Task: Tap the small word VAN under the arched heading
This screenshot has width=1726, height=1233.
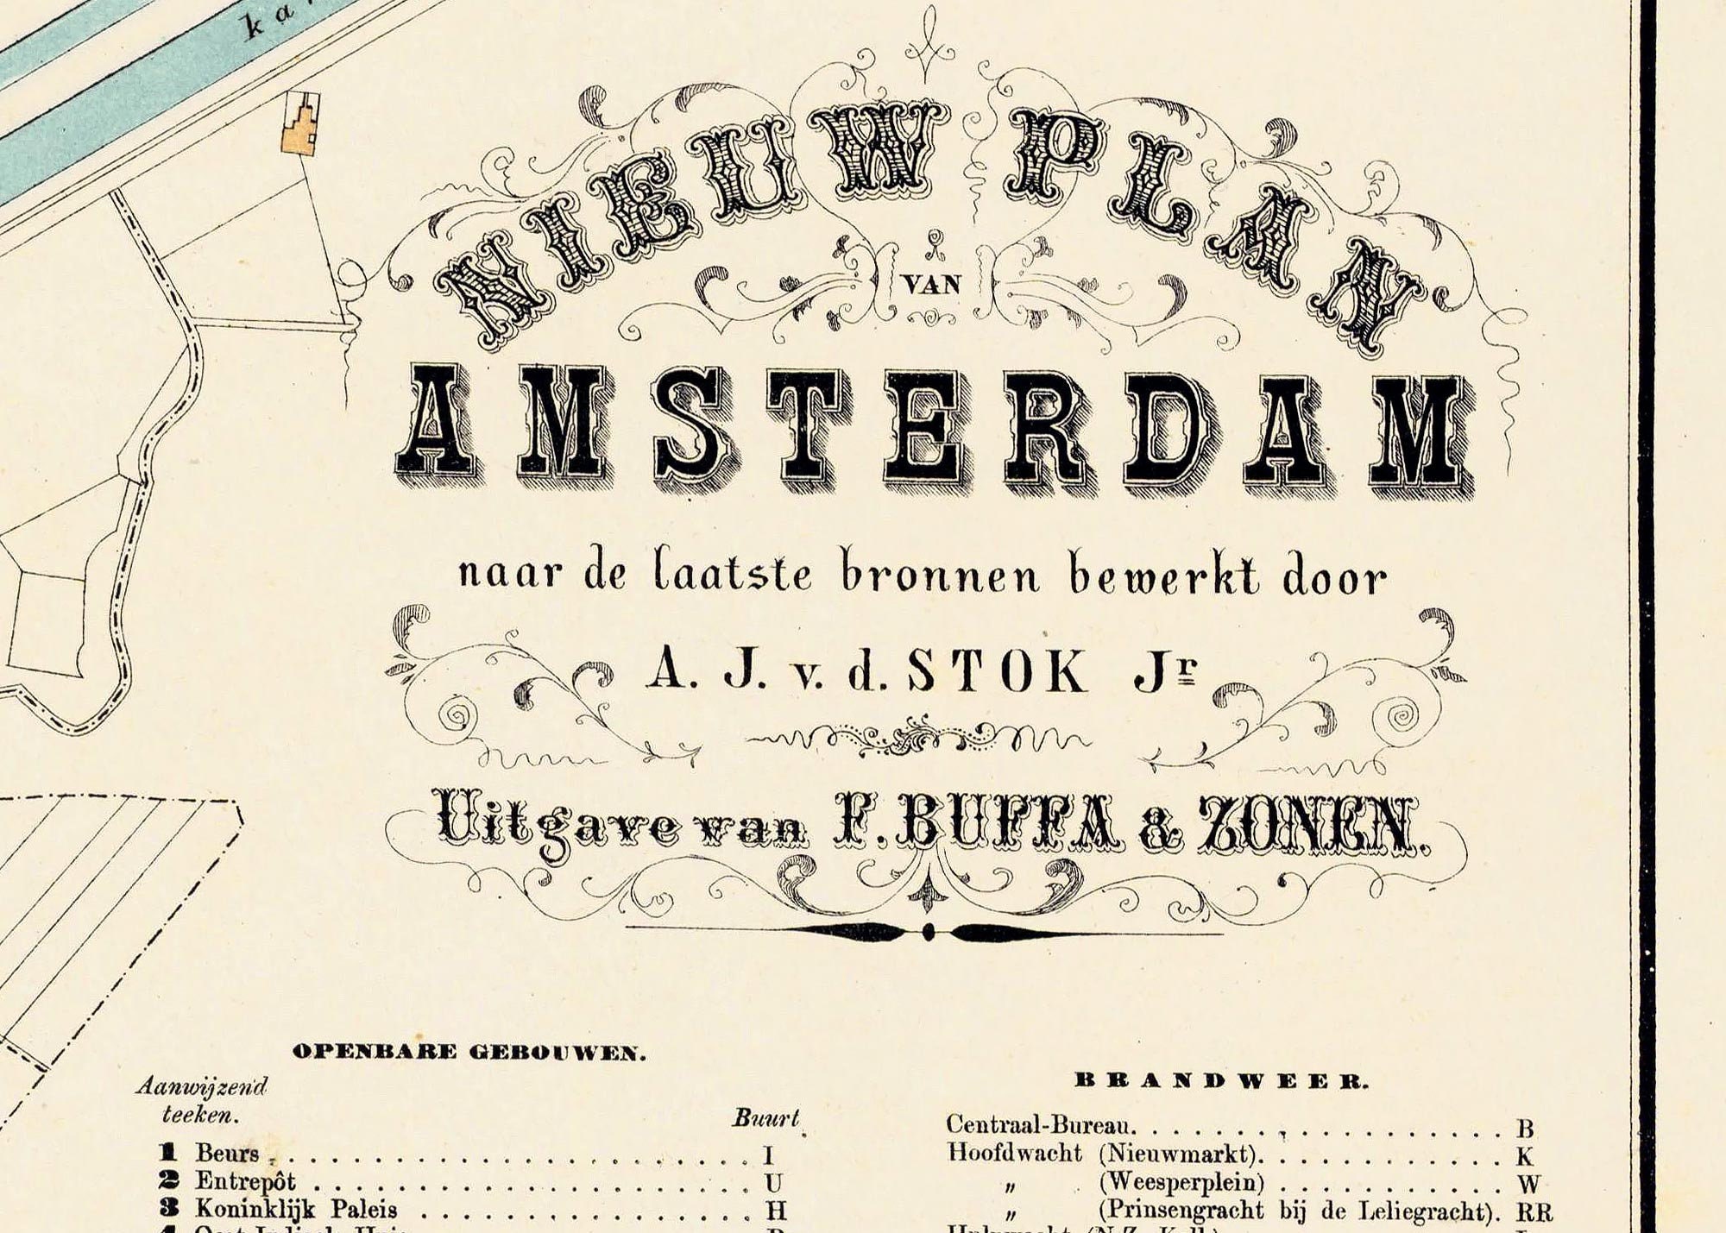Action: pyautogui.click(x=935, y=284)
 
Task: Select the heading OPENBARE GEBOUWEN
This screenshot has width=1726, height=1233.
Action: pyautogui.click(x=469, y=1052)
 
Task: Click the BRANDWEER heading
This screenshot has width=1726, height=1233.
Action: pyautogui.click(x=1221, y=1081)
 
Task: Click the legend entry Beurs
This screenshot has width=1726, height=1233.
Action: pyautogui.click(x=228, y=1153)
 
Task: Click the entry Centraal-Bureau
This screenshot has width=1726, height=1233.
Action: pyautogui.click(x=1041, y=1125)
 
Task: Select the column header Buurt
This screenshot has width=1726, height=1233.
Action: pyautogui.click(x=766, y=1119)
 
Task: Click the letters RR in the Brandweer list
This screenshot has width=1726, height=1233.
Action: pyautogui.click(x=1534, y=1211)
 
